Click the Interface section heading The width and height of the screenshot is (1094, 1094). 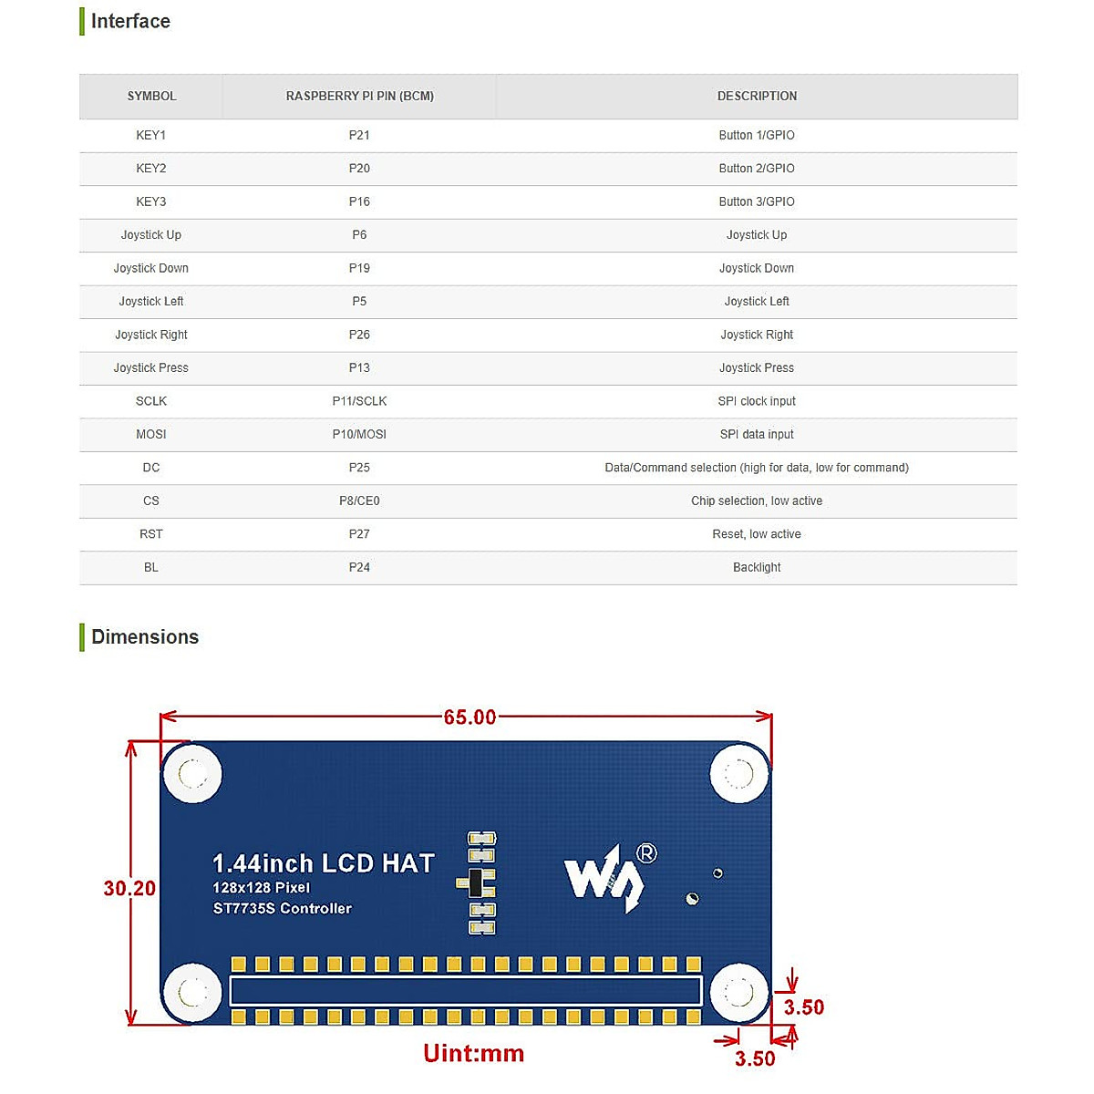[x=130, y=21]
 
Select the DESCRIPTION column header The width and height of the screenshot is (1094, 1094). [x=757, y=96]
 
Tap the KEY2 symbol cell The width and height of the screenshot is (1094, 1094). [x=151, y=169]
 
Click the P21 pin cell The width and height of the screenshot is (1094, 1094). [x=359, y=135]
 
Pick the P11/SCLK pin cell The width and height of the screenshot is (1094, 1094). [x=359, y=401]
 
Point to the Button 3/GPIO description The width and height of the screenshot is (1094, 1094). [x=757, y=201]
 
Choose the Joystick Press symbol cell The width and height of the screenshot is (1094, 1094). [x=151, y=368]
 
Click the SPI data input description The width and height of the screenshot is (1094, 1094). [x=757, y=435]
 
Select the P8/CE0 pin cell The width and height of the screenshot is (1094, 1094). [x=359, y=501]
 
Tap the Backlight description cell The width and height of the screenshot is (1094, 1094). [x=757, y=568]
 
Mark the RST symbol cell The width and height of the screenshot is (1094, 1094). [x=151, y=534]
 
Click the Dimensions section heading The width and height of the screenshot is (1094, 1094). [x=145, y=637]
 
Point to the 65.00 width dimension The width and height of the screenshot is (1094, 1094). [x=470, y=717]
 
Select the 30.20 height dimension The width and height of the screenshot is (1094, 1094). [x=129, y=888]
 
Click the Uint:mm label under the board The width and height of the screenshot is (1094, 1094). [x=474, y=1054]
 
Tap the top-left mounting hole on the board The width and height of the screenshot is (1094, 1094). [x=192, y=774]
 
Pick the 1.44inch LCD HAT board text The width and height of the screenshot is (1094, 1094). [x=324, y=863]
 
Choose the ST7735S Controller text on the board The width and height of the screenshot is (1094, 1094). [x=283, y=909]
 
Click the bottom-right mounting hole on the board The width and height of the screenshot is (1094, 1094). [x=738, y=992]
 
